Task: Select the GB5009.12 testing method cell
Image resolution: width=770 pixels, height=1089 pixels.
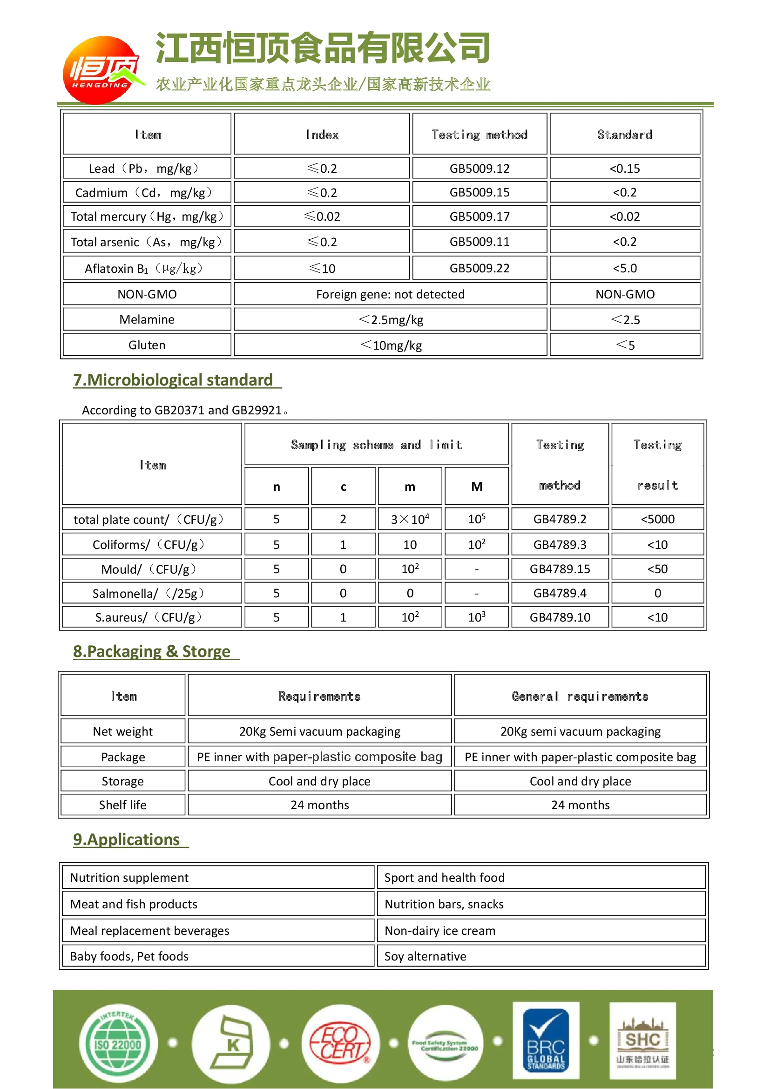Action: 480,169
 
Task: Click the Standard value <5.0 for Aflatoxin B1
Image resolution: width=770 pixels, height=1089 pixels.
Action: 624,269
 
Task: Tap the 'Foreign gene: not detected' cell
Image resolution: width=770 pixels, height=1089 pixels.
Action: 390,295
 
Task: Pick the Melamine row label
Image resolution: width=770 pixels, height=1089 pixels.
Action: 147,320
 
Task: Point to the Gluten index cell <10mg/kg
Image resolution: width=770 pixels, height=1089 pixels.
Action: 390,345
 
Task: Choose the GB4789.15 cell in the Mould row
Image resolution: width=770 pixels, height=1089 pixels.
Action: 560,569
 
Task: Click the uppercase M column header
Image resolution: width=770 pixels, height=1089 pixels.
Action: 477,487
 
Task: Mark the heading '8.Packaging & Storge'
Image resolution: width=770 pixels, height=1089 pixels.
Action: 152,652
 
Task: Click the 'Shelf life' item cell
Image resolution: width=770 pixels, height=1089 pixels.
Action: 123,805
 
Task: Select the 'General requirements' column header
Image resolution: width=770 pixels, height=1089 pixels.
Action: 580,696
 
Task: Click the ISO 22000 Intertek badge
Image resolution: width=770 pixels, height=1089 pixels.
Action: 118,1044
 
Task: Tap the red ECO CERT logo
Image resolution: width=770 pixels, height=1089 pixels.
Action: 340,1043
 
